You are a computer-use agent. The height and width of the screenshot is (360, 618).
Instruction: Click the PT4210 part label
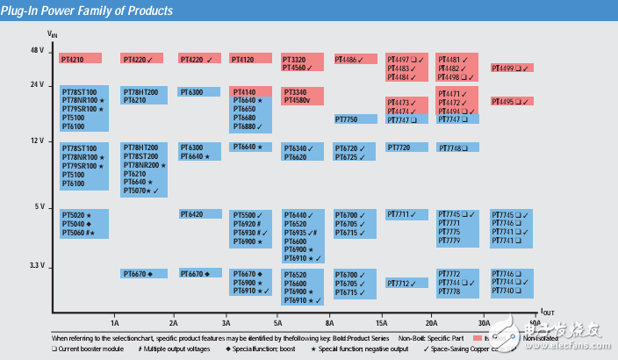click(72, 59)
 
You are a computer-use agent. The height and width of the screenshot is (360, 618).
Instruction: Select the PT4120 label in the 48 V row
click(243, 59)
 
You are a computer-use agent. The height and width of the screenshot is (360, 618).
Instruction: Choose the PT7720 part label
click(399, 148)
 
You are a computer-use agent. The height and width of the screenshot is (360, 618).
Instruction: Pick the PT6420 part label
click(192, 214)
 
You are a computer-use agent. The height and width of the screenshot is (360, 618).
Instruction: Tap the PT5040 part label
click(74, 224)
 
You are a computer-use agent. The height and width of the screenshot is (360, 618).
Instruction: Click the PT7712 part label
click(399, 284)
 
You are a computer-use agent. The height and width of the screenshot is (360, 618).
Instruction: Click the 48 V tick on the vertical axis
click(36, 50)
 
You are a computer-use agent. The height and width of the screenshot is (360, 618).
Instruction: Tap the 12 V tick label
click(36, 140)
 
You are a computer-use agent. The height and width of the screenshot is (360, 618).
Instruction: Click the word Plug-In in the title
click(27, 11)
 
